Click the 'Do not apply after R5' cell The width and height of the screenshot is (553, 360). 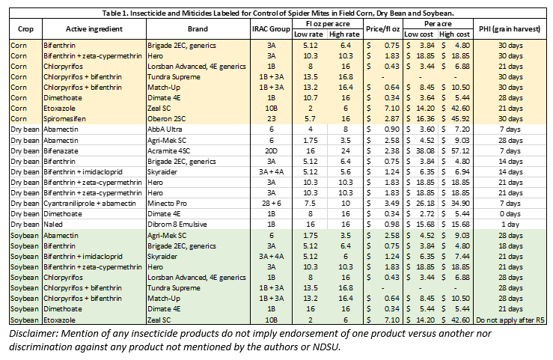(513, 320)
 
